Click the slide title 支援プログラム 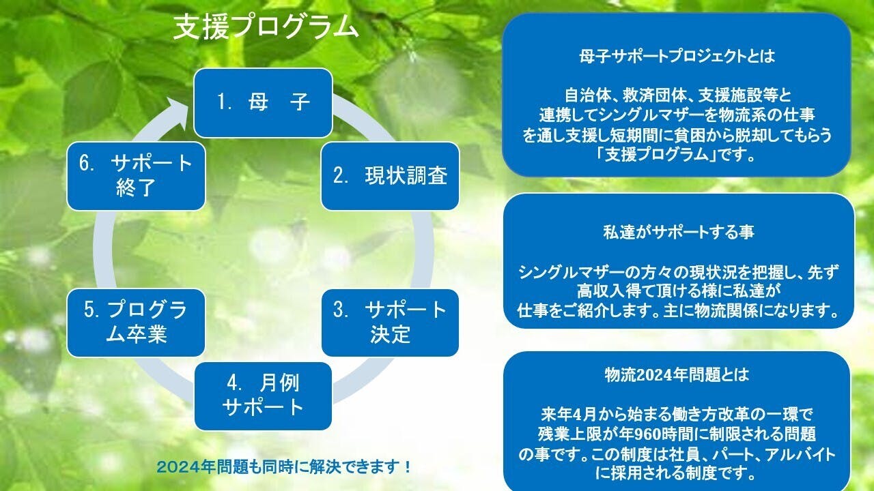[266, 28]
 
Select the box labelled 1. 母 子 [263, 103]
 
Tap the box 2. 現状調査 [390, 176]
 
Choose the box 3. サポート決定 [390, 323]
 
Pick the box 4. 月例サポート [263, 396]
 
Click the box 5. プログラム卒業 [136, 323]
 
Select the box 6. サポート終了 [136, 176]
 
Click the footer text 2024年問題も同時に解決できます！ [283, 467]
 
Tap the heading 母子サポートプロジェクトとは [677, 57]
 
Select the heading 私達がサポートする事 [679, 232]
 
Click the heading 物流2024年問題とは [677, 374]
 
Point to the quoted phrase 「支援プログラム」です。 [676, 155]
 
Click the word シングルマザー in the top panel [650, 115]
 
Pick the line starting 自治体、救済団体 [677, 95]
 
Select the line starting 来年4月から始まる [677, 414]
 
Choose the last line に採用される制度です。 [677, 473]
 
